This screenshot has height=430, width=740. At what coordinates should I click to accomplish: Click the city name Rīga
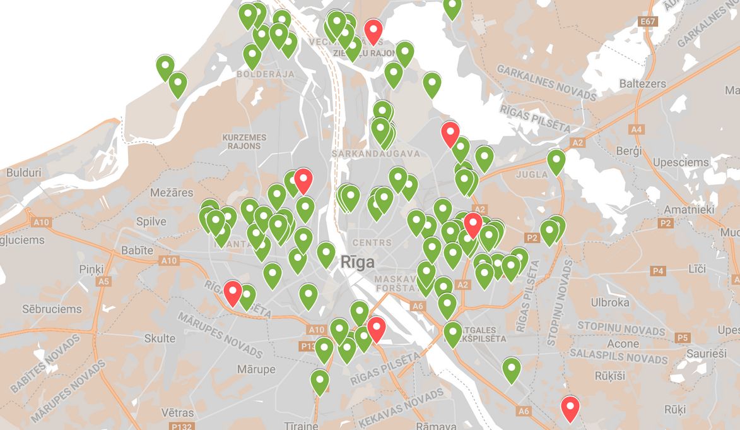[x=357, y=262]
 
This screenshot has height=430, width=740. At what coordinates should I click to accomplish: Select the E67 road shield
[x=648, y=22]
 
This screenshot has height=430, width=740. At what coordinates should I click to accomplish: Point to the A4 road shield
[x=637, y=129]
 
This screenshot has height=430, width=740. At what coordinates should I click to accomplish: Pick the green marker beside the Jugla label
[x=556, y=162]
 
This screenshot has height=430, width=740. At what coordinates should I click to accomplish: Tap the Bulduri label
[x=23, y=172]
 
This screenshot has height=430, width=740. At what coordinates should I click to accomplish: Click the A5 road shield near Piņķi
[x=103, y=282]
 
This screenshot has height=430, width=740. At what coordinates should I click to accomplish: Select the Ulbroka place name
[x=610, y=302]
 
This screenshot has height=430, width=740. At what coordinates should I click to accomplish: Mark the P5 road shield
[x=682, y=338]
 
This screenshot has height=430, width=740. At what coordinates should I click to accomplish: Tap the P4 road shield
[x=659, y=271]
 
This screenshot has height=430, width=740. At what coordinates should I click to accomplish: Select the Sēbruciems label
[x=52, y=309]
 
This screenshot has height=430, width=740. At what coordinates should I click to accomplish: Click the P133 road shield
[x=308, y=346]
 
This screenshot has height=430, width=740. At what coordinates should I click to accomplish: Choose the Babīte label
[x=137, y=251]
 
